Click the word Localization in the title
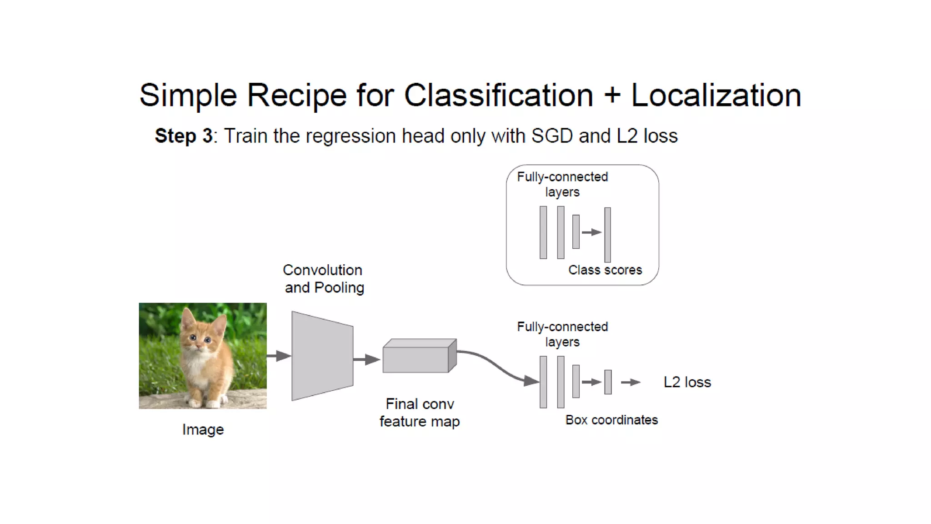pos(716,96)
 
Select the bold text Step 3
pos(183,136)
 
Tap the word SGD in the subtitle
pos(552,136)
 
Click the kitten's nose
pos(200,344)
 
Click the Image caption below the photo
pos(203,429)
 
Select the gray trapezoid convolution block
pos(322,356)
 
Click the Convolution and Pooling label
pos(323,279)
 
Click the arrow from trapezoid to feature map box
pos(366,359)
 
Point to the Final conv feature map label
pos(420,413)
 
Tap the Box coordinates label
pos(611,420)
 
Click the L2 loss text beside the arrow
pos(687,382)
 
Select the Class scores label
pos(605,270)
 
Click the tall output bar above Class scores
pos(607,234)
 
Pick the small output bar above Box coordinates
pos(608,382)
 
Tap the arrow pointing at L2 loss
pos(631,383)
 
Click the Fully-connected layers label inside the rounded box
pos(562,184)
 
